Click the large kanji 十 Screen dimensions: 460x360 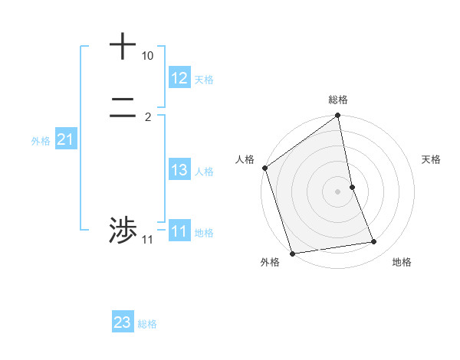tap(123, 46)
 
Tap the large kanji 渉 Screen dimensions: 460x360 tap(123, 230)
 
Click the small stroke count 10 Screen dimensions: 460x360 tap(147, 57)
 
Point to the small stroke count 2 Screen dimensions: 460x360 tap(147, 117)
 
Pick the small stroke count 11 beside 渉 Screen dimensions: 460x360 tap(147, 241)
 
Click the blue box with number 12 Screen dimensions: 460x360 tap(179, 78)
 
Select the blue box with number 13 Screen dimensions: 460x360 tap(179, 170)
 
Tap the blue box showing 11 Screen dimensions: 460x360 tap(179, 231)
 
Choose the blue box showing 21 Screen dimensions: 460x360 tap(66, 139)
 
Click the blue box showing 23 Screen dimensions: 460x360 tap(123, 323)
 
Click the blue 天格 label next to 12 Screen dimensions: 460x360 tap(204, 80)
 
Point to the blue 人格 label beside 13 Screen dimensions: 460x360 tap(204, 172)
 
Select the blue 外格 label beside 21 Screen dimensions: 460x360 tap(41, 141)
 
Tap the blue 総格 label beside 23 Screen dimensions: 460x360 tap(147, 325)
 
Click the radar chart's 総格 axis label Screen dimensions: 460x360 tap(338, 100)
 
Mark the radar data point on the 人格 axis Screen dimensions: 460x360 tap(265, 168)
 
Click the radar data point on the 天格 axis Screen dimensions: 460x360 tap(352, 187)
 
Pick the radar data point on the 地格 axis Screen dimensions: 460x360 tap(374, 242)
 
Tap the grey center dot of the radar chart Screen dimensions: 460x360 tap(338, 191)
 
